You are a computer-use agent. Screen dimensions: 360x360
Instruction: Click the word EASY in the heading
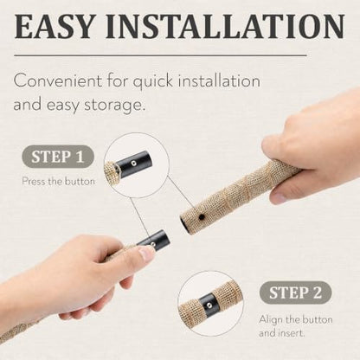click(54, 26)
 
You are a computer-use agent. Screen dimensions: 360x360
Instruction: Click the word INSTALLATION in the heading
click(225, 26)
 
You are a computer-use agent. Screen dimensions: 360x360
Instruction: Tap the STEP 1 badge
click(58, 157)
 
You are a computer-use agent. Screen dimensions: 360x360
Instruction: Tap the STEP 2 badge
click(295, 292)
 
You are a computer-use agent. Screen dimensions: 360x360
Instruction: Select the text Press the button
click(59, 182)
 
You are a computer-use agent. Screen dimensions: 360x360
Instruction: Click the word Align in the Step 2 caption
click(271, 320)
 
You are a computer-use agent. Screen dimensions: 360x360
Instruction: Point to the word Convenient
click(58, 80)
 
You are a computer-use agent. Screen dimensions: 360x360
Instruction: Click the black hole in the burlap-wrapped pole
click(202, 216)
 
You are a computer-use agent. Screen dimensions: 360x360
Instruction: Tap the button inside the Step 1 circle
click(133, 164)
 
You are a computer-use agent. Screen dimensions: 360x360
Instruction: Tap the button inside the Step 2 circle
click(210, 304)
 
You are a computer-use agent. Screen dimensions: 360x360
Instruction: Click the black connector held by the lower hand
click(155, 240)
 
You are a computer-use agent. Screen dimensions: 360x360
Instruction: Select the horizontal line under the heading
click(160, 55)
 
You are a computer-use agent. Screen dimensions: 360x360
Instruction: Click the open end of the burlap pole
click(184, 224)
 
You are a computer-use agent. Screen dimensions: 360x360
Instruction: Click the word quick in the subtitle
click(153, 81)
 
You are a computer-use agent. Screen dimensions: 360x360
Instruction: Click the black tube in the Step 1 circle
click(133, 164)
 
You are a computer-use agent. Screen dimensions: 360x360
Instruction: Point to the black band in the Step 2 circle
click(209, 305)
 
